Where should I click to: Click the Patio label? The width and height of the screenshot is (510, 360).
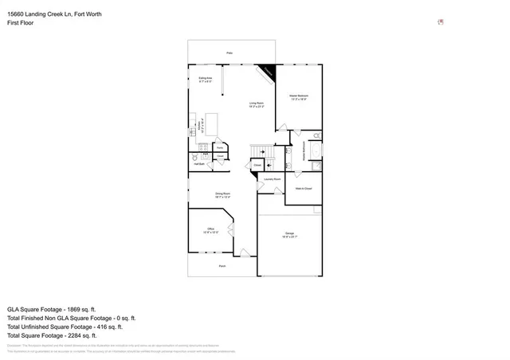coord(229,53)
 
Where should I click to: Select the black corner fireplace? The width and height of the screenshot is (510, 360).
coord(269,72)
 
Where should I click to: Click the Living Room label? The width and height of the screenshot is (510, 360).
coord(257,104)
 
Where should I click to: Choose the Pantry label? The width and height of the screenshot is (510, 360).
coord(219,147)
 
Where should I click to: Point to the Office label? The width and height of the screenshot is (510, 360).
coord(210,230)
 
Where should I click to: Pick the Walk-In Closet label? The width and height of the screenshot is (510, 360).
coord(303,189)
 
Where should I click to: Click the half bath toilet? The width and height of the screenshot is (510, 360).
coord(194,158)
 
